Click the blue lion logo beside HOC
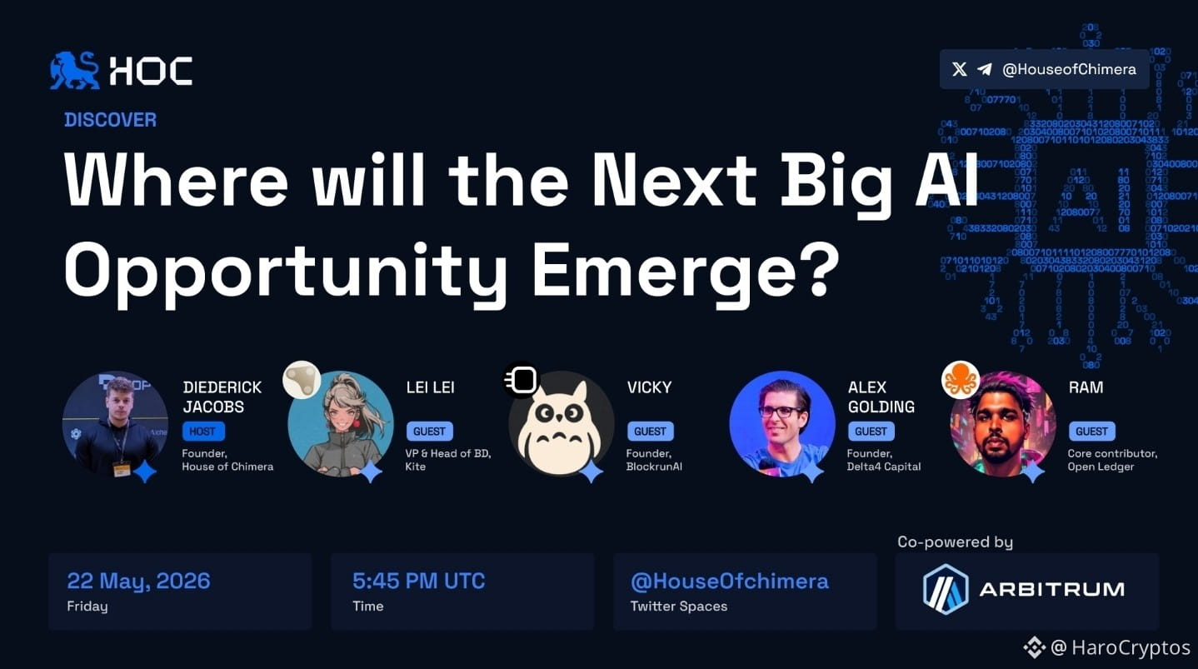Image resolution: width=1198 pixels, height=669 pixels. click(75, 70)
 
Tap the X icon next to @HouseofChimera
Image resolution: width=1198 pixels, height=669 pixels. click(959, 69)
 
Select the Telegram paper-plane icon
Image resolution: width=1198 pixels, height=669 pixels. click(985, 69)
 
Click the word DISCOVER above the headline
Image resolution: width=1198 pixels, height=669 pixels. click(110, 120)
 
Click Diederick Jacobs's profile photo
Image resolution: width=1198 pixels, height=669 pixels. click(115, 423)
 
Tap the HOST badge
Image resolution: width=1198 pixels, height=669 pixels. click(202, 431)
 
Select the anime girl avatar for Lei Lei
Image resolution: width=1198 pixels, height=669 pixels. click(341, 423)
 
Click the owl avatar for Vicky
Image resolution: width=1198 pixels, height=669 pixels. click(561, 423)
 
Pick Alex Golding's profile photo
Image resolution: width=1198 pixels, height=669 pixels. click(782, 423)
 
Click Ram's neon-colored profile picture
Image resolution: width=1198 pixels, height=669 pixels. click(1003, 423)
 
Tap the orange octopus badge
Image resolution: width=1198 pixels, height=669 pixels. click(961, 380)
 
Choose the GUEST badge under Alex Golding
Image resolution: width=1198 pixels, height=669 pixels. click(871, 431)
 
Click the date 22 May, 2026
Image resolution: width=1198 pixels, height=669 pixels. click(138, 581)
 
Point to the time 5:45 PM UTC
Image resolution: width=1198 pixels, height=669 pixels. click(419, 581)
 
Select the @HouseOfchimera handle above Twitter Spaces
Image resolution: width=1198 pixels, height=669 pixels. click(730, 581)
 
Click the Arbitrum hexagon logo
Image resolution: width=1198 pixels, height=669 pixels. click(946, 589)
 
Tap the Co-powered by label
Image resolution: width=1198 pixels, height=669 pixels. click(956, 542)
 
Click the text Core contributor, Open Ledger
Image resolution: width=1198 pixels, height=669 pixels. click(1112, 460)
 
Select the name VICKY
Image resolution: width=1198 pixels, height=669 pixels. click(649, 387)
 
